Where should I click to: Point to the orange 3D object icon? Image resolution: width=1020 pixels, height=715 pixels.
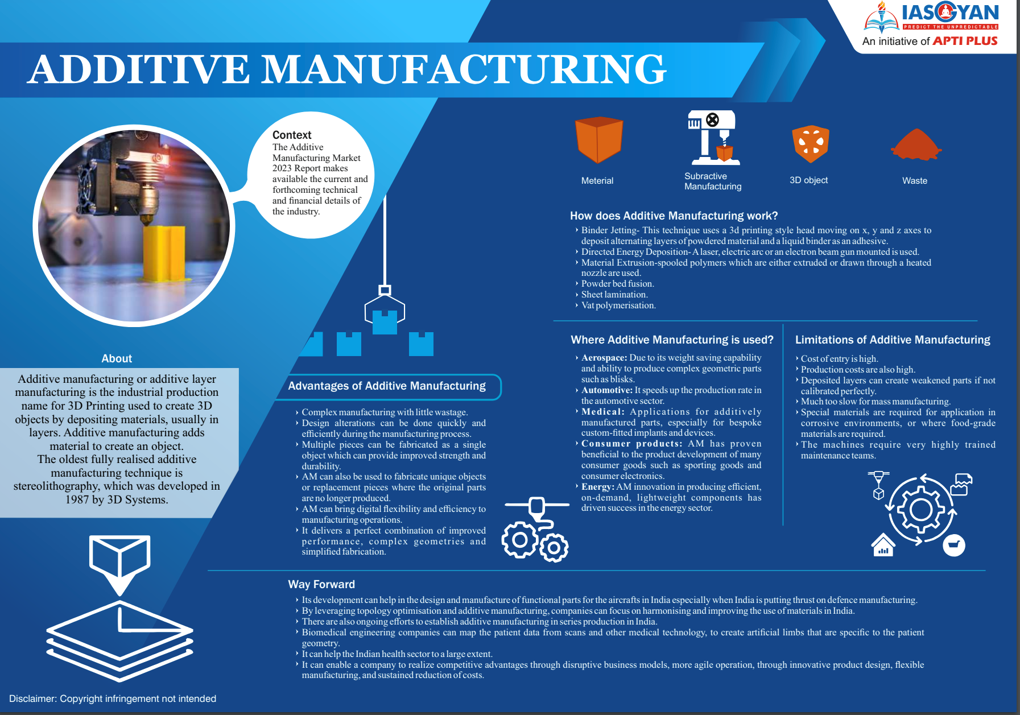click(810, 144)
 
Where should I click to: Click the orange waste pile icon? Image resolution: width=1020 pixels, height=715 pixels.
click(916, 144)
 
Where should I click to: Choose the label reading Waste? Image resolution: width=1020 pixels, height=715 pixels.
click(915, 180)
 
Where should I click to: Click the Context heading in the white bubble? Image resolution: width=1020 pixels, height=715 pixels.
click(292, 135)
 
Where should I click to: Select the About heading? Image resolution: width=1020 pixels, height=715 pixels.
click(117, 358)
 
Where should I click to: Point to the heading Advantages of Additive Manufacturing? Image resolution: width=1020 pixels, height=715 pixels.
click(387, 386)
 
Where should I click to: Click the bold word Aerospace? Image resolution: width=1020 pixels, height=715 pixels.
click(604, 358)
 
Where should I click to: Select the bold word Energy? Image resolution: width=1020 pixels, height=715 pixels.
click(597, 486)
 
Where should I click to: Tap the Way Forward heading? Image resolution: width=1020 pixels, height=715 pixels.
click(321, 584)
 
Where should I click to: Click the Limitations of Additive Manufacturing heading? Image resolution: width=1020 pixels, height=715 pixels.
click(893, 340)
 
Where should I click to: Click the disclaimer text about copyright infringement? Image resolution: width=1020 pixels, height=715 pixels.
click(113, 699)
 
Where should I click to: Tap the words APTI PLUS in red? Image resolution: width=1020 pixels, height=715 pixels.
click(965, 41)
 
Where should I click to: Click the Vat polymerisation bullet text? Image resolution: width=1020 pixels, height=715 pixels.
click(618, 305)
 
